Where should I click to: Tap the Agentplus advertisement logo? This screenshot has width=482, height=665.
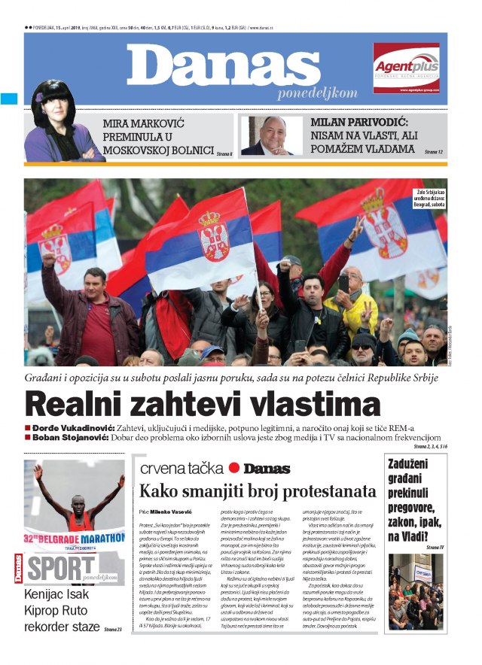click(406, 66)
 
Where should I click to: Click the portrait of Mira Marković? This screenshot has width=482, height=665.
click(54, 124)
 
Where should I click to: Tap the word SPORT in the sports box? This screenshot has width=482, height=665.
click(59, 570)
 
